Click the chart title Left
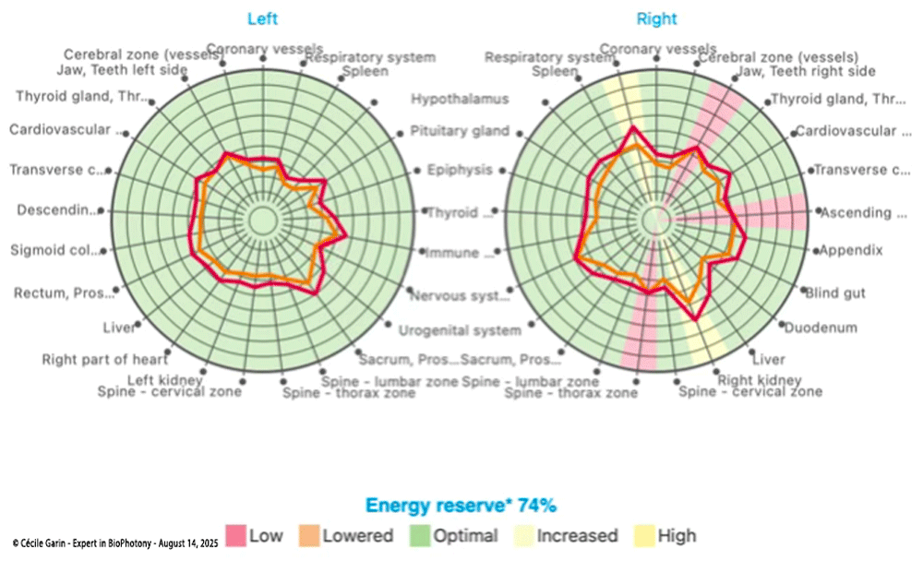262,18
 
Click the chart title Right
656,18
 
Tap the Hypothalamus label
460,99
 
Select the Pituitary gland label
460,131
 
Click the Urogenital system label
460,330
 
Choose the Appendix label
851,250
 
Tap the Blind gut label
835,294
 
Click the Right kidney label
760,380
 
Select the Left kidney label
162,379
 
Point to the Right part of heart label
104,360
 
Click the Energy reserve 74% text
461,505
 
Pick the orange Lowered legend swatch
308,535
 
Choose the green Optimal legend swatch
421,535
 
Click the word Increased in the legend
577,536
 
